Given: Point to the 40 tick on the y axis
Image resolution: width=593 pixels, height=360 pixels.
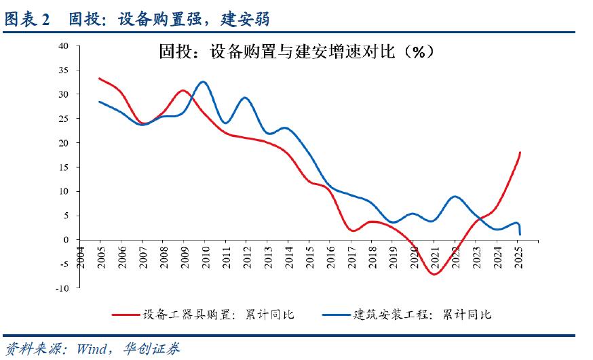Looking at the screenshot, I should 64,46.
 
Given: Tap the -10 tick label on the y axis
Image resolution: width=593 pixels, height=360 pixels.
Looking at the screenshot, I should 63,288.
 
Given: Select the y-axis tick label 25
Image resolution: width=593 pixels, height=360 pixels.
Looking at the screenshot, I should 64,119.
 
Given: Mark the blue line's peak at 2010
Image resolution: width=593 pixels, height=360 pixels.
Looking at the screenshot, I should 203,82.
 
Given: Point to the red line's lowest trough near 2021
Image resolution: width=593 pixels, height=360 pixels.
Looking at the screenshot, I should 434,274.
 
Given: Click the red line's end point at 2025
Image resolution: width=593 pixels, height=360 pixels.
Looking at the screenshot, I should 520,153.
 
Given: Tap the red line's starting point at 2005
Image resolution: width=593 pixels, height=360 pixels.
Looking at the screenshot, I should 99,79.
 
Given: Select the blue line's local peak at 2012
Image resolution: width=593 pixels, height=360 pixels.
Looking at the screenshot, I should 245,98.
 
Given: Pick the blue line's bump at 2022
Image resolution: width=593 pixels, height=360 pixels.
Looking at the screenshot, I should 455,197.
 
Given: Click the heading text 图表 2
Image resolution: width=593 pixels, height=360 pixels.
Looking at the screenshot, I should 27,20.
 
